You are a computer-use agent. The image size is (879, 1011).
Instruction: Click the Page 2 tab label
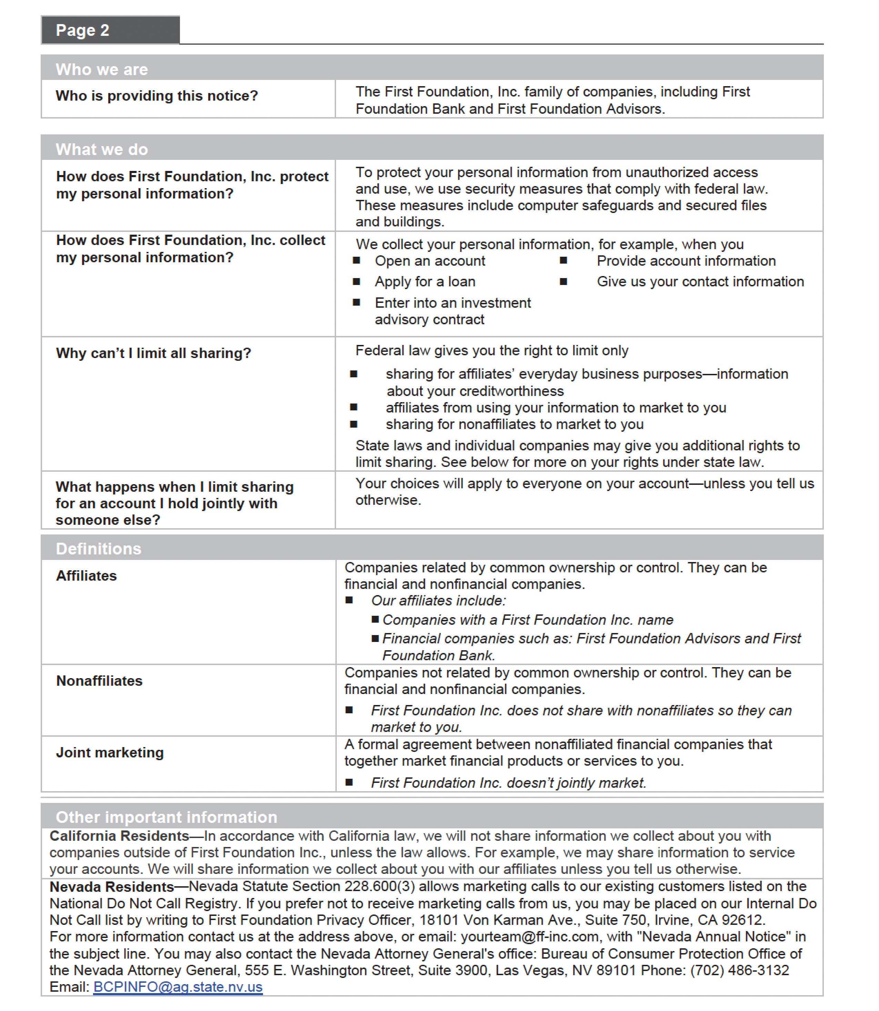tap(82, 30)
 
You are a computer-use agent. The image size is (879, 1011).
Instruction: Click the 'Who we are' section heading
tap(102, 69)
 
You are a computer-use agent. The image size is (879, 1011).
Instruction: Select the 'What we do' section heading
tap(102, 149)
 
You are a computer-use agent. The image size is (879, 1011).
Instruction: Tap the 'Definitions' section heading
tap(98, 549)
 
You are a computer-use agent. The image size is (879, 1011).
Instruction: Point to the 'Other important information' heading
tap(166, 817)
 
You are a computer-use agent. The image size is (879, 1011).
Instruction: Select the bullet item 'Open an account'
tap(430, 261)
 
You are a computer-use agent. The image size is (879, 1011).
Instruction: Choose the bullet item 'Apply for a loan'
tap(425, 282)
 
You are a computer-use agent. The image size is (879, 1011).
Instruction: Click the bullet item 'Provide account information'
tap(686, 261)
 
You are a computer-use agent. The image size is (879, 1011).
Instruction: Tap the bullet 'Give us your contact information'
tap(700, 282)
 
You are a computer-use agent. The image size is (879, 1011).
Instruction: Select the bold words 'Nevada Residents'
tap(112, 887)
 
